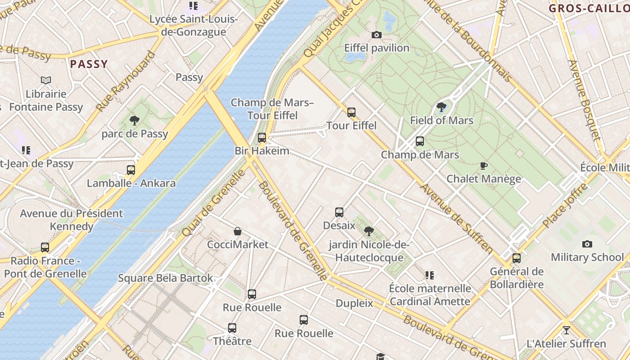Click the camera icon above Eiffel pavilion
pos(377,35)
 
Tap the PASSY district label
pos(89,64)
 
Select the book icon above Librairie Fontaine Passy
pos(46,81)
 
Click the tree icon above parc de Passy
pos(134,120)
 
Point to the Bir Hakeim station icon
pos(262,138)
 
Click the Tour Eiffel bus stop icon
pos(351,112)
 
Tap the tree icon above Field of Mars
pos(441,107)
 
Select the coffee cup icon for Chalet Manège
pos(484,166)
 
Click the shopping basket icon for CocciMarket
pos(238,231)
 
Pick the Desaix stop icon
pos(339,212)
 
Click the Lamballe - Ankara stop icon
pos(131,170)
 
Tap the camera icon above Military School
pos(587,244)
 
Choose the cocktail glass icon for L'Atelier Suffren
pos(566,330)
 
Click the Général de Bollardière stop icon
pos(517,258)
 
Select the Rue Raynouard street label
pos(126,81)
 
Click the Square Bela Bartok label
pos(165,278)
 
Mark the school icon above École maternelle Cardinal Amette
pos(430,275)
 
